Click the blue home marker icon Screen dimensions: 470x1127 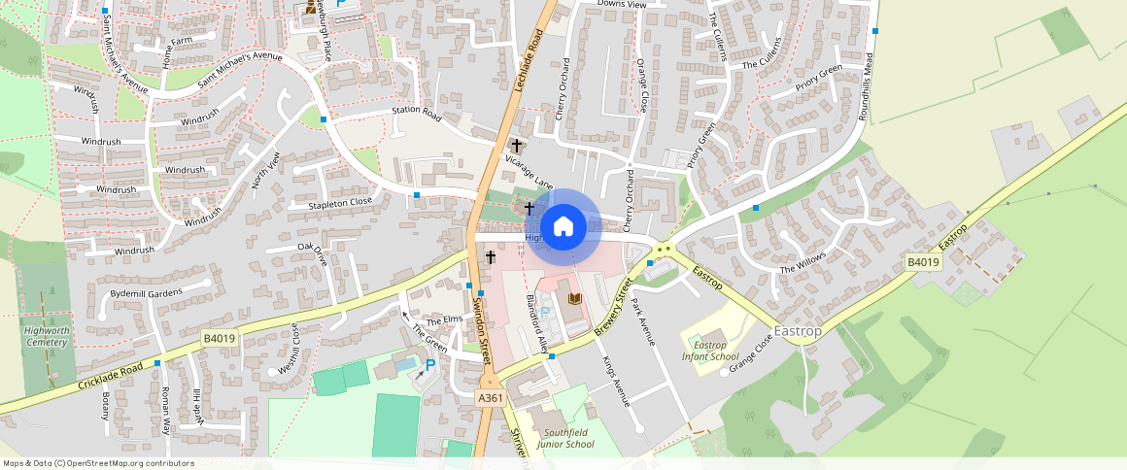click(x=563, y=227)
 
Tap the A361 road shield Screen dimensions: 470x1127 click(x=490, y=399)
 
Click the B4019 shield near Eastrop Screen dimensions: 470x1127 click(x=923, y=262)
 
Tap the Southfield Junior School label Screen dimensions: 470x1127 click(x=569, y=438)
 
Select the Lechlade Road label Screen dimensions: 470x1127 click(x=527, y=58)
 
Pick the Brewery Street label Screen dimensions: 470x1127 click(x=610, y=309)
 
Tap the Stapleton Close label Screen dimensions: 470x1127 click(x=340, y=202)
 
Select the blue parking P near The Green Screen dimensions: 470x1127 click(x=430, y=365)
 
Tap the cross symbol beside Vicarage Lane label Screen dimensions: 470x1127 click(x=517, y=145)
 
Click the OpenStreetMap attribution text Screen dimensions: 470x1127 click(x=98, y=463)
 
